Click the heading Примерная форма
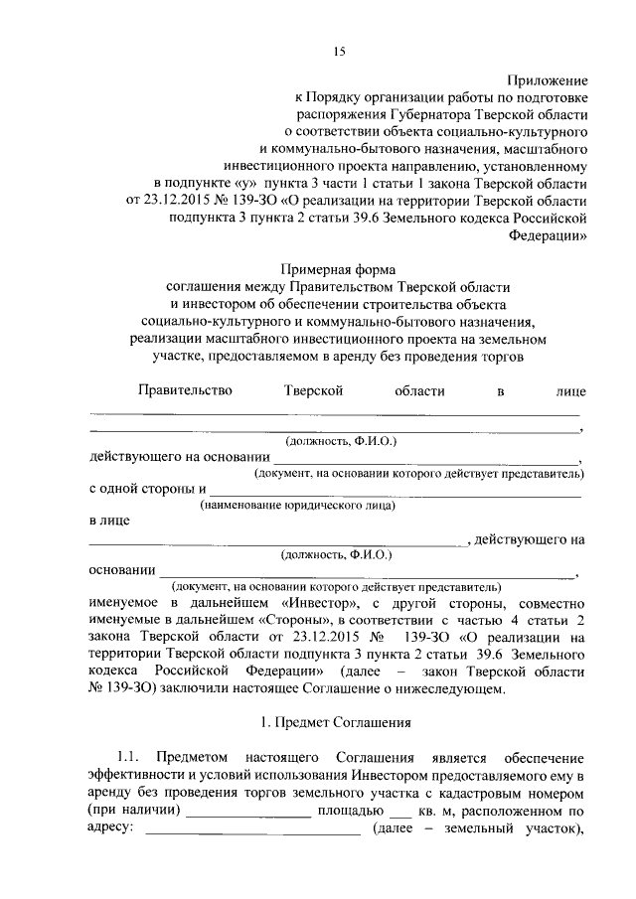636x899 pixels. coord(338,269)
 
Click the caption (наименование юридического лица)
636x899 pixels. coord(297,507)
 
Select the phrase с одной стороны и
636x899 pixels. coord(147,490)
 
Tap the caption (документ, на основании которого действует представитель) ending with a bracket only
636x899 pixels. coord(335,588)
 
